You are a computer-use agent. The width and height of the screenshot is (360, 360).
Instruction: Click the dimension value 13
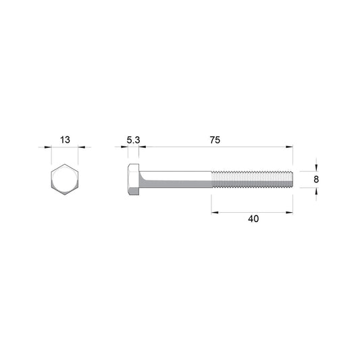[x=65, y=140]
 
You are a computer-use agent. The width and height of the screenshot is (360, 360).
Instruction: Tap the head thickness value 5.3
[x=133, y=140]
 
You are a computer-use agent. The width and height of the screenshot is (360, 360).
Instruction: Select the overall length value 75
[x=215, y=140]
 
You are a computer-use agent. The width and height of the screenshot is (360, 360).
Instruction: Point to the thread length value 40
[x=253, y=219]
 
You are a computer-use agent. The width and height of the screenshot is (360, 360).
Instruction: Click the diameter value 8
[x=316, y=179]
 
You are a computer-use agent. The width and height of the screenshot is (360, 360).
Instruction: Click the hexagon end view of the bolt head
[x=65, y=180]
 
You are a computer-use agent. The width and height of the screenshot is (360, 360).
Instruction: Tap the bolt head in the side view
[x=133, y=180]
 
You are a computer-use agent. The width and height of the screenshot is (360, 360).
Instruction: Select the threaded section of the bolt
[x=252, y=179]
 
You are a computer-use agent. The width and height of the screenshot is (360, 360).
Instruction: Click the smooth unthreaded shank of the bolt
[x=175, y=179]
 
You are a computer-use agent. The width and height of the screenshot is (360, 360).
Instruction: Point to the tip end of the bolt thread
[x=292, y=179]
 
